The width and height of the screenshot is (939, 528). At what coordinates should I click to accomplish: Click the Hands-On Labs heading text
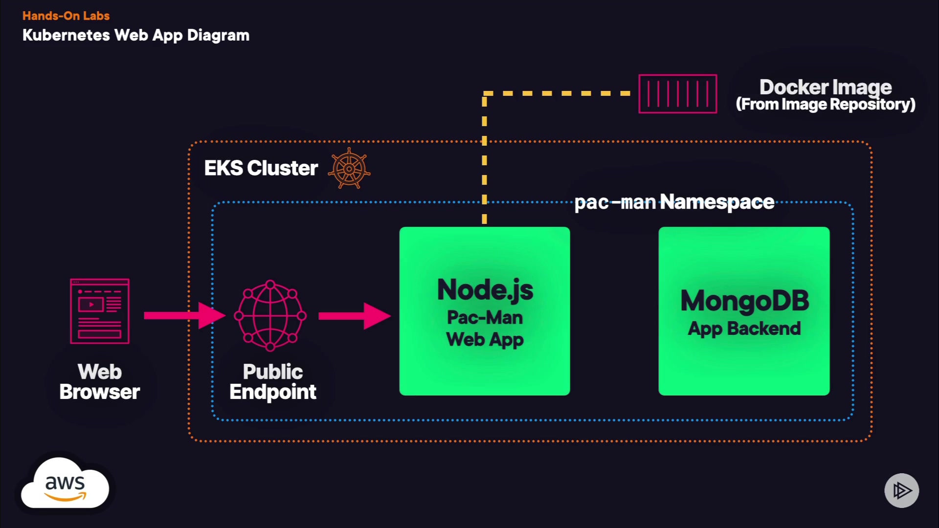(66, 16)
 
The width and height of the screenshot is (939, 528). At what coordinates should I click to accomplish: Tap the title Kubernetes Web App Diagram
(136, 35)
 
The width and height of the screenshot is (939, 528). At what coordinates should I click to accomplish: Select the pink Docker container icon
(677, 94)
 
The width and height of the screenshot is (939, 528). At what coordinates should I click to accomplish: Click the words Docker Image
(826, 87)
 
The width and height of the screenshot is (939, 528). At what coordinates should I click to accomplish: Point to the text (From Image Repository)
(826, 105)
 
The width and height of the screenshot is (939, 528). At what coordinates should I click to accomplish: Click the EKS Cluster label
(261, 168)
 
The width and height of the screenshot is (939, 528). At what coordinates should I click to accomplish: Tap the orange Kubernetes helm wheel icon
(349, 169)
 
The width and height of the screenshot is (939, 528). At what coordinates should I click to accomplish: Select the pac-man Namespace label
(674, 202)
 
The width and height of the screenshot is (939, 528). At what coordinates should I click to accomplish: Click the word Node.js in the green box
(485, 289)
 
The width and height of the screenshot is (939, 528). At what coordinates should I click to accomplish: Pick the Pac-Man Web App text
(485, 329)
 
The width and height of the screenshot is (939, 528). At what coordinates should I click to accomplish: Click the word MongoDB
(744, 300)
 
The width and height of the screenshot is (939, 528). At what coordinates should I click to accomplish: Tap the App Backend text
(744, 329)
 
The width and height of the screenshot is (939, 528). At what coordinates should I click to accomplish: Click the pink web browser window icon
(100, 311)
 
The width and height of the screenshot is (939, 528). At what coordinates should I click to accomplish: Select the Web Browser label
(100, 382)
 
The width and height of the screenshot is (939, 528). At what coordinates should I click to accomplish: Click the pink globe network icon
(270, 315)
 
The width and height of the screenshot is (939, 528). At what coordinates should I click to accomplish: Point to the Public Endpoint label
(273, 382)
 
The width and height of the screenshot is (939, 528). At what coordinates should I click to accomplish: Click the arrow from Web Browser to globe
(184, 315)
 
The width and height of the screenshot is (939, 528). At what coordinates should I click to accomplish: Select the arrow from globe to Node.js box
(354, 316)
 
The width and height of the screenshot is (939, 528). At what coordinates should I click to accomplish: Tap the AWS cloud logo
(65, 485)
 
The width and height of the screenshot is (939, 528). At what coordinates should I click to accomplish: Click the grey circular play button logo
(901, 490)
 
